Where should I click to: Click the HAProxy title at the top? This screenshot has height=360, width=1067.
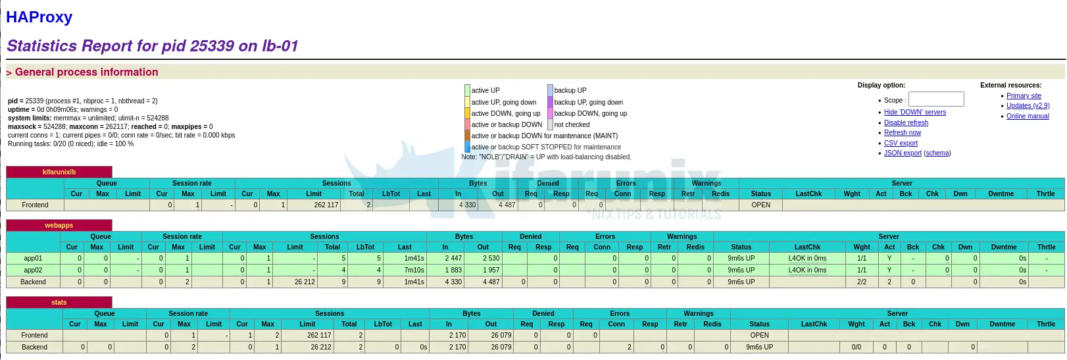tap(39, 16)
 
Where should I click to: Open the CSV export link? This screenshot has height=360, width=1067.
tap(901, 143)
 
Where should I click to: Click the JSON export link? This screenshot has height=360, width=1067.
tap(903, 153)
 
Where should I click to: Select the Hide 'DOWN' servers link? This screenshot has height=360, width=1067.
tap(915, 112)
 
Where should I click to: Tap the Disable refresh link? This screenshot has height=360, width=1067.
tap(906, 122)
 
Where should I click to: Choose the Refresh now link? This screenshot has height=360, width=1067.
tap(902, 132)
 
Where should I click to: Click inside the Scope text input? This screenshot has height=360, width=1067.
tap(936, 99)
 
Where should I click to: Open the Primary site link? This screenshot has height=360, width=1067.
tap(1024, 95)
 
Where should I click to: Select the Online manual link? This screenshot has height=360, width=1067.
tap(1028, 116)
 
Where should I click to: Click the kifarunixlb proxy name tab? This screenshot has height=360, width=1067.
tap(59, 172)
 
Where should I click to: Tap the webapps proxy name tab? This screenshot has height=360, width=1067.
tap(59, 225)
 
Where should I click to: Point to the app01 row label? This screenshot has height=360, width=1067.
tap(33, 259)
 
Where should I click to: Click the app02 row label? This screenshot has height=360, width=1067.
tap(33, 270)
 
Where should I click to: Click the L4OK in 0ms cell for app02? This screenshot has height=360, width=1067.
tap(807, 270)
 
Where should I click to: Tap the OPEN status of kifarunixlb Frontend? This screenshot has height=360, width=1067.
tap(760, 205)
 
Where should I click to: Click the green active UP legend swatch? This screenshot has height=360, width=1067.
tap(467, 90)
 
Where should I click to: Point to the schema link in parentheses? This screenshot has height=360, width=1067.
tap(937, 153)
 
